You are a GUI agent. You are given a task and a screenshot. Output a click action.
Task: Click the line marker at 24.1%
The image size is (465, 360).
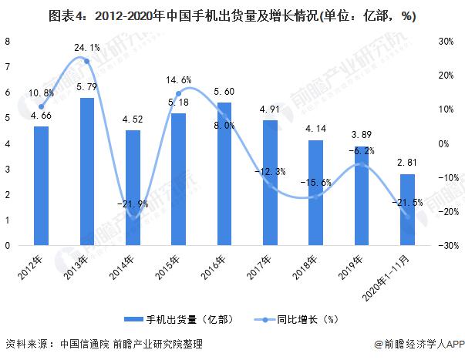[86, 62]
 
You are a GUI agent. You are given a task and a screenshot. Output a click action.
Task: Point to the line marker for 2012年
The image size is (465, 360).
[41, 106]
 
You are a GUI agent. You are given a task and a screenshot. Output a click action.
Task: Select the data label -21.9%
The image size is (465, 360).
[133, 204]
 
